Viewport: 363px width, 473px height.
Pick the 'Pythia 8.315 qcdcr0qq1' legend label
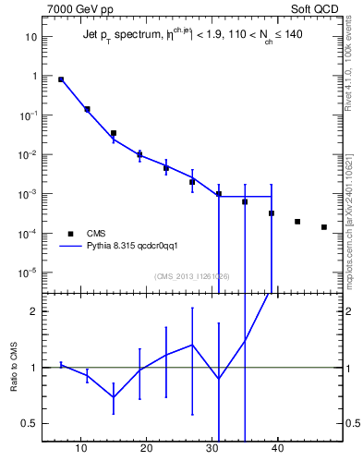tap(139, 247)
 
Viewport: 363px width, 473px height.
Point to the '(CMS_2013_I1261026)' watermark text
tap(191, 276)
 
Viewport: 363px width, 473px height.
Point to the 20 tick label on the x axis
tap(146, 450)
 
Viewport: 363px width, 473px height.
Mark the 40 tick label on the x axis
tap(276, 450)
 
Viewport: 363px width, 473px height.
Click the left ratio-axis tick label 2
tap(34, 311)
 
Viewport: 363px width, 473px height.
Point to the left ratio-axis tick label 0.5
tap(30, 424)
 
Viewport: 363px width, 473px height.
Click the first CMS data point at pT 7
tap(61, 79)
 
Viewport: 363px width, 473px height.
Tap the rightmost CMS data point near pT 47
tap(324, 227)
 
